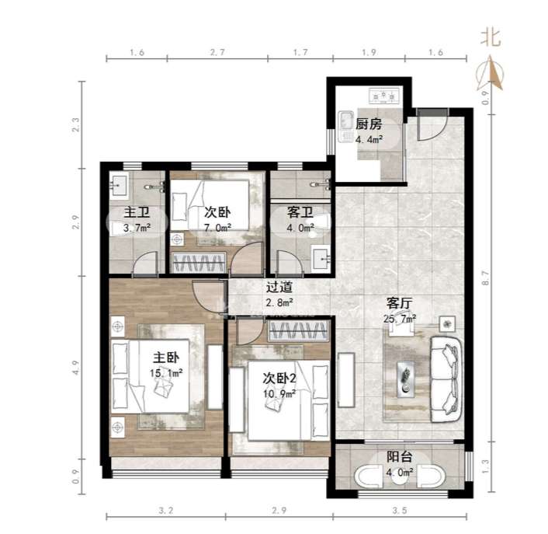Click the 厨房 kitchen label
pyautogui.click(x=369, y=124)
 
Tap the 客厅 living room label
pyautogui.click(x=400, y=303)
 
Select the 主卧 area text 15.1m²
pyautogui.click(x=166, y=373)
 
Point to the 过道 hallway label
pyautogui.click(x=279, y=287)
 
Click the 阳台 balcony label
pyautogui.click(x=400, y=457)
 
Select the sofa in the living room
pyautogui.click(x=446, y=379)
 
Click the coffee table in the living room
pyautogui.click(x=406, y=379)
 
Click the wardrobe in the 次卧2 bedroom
pyautogui.click(x=298, y=331)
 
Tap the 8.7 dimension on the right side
pyautogui.click(x=485, y=278)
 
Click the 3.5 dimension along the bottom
pyautogui.click(x=400, y=511)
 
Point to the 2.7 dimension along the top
pyautogui.click(x=217, y=53)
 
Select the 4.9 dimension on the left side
pyautogui.click(x=76, y=368)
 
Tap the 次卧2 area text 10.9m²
pyautogui.click(x=279, y=394)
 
